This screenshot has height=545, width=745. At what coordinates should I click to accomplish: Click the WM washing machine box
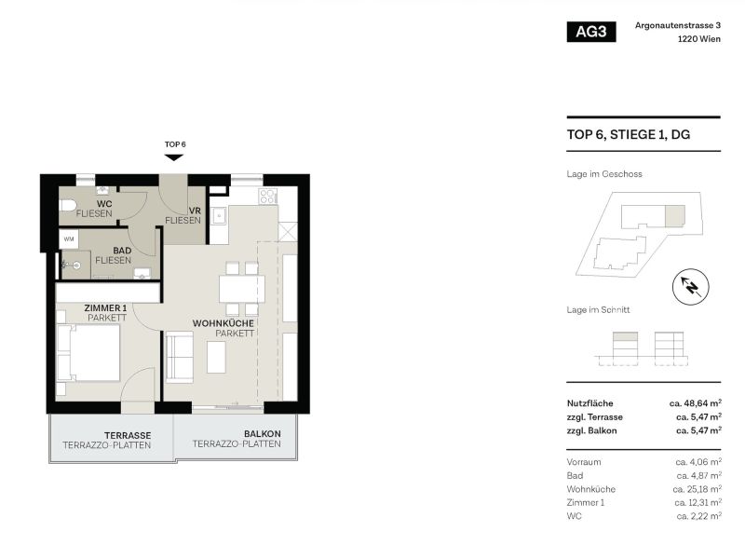click(70, 239)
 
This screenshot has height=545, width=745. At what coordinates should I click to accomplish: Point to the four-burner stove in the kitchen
click(267, 197)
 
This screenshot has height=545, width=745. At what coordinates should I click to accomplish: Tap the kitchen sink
click(221, 216)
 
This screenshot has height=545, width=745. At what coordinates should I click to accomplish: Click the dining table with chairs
click(241, 289)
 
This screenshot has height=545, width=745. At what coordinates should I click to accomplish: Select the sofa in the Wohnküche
click(179, 358)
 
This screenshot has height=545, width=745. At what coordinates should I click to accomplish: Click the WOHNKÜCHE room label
click(223, 323)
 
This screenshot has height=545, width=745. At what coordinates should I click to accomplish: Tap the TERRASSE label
click(129, 435)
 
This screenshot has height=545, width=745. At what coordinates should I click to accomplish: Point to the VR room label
click(196, 210)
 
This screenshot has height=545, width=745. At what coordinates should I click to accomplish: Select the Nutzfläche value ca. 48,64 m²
click(695, 402)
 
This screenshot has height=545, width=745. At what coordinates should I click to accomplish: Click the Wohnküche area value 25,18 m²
click(697, 489)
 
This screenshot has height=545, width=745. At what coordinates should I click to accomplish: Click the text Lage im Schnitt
click(598, 309)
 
